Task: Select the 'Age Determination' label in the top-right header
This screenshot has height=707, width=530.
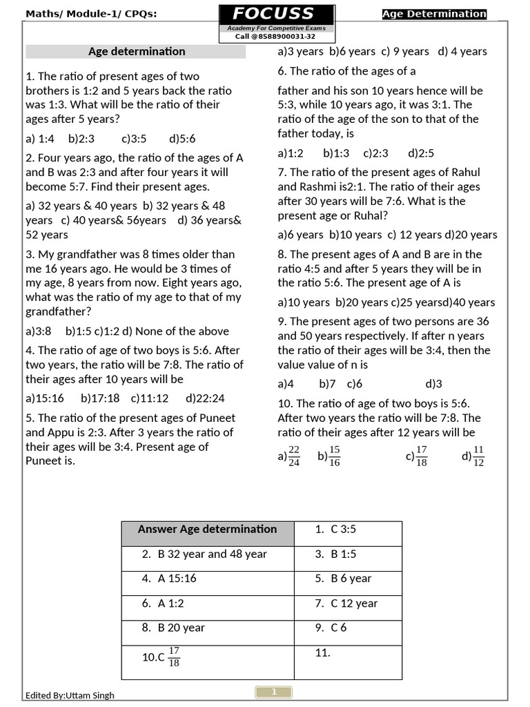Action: point(434,14)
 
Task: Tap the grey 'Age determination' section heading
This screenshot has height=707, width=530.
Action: point(136,51)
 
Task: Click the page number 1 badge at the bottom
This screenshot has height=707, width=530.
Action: point(274,692)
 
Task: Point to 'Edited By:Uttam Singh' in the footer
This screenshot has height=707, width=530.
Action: point(70,695)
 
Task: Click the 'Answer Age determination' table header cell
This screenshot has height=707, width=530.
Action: point(207,530)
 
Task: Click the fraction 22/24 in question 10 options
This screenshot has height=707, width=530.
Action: point(294,456)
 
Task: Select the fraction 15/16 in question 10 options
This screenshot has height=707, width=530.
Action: point(335,456)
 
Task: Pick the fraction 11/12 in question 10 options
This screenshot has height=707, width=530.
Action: point(479,456)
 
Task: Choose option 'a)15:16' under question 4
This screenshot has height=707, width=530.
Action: point(45,398)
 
